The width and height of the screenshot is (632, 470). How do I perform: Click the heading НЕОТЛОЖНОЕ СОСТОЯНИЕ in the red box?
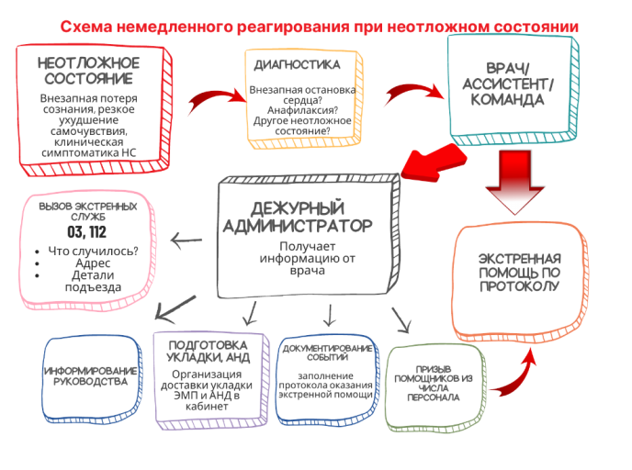88,71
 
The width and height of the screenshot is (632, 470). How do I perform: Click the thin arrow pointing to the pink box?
187,241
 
